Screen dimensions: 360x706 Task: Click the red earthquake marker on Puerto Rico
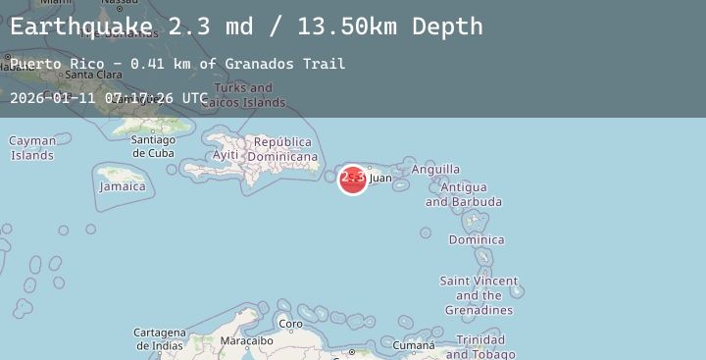352,179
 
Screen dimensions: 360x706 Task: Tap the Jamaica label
123,186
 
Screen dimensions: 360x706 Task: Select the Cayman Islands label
32,148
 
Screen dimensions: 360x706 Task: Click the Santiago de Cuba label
153,145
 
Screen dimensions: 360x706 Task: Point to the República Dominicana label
282,149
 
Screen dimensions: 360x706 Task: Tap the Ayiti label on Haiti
226,155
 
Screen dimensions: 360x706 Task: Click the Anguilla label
435,170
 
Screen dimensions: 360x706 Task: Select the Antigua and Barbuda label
463,194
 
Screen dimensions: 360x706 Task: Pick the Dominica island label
477,240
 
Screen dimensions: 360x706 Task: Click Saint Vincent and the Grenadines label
479,295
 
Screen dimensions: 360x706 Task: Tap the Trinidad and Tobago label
480,347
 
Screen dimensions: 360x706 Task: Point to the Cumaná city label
413,345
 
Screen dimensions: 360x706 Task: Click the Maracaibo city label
246,341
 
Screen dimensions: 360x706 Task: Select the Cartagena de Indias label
159,338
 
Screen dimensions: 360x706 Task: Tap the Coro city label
291,324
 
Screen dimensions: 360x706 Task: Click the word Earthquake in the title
81,26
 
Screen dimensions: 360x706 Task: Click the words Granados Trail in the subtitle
284,64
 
